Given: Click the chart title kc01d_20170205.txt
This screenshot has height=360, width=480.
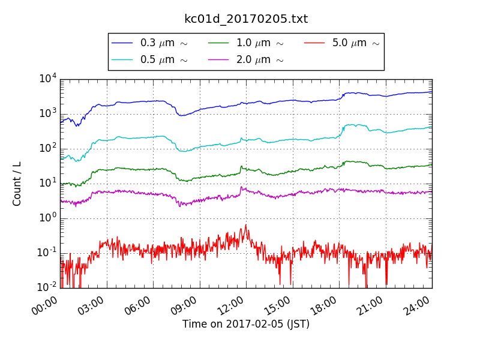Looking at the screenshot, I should pyautogui.click(x=246, y=19).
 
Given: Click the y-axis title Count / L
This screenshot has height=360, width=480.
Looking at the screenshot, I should pyautogui.click(x=17, y=184).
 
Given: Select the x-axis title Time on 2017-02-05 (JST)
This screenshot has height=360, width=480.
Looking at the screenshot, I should pyautogui.click(x=246, y=324).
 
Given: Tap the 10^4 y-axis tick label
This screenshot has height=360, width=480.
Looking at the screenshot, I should pyautogui.click(x=47, y=79).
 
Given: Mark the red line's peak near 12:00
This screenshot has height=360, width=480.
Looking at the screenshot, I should pyautogui.click(x=245, y=225).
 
